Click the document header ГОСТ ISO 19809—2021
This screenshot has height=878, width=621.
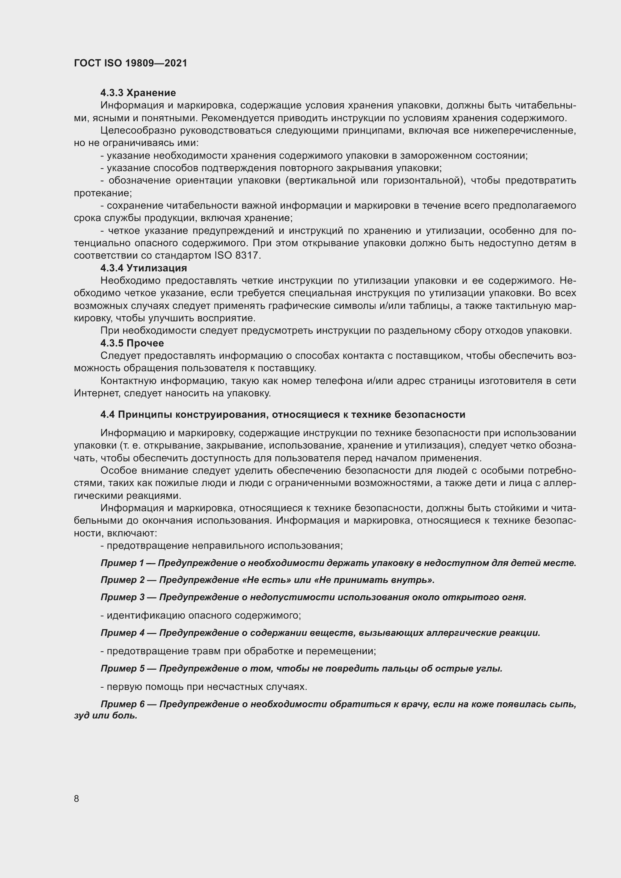[130, 63]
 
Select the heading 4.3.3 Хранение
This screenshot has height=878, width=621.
[138, 93]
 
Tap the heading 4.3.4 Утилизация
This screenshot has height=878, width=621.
[143, 268]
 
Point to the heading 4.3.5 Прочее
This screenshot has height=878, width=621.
[132, 343]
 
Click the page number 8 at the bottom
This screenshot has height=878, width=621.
[77, 799]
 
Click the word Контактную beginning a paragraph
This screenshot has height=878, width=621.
[128, 381]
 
